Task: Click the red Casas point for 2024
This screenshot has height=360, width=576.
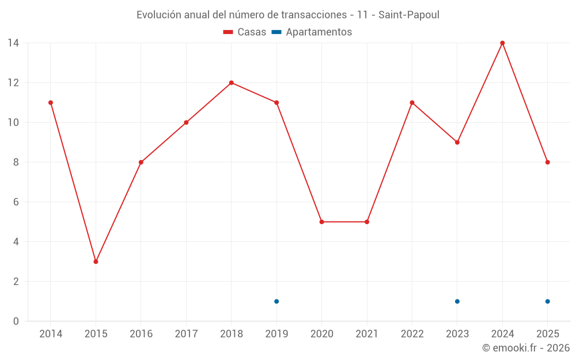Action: coord(502,43)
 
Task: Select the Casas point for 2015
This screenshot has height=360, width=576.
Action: coord(96,262)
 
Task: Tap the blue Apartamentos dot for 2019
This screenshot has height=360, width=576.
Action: coord(276,301)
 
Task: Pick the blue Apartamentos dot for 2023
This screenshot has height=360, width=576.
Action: coord(457,301)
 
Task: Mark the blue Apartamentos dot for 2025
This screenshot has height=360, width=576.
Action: coord(548,301)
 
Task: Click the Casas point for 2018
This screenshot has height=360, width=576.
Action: coord(232,82)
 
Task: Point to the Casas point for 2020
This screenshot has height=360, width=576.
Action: coord(321,222)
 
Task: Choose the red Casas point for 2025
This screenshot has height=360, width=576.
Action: coord(548,162)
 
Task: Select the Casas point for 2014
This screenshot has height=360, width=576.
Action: coord(51,103)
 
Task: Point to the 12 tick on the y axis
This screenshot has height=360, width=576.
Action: coord(13,82)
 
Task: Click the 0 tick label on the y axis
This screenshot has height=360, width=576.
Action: coord(16,321)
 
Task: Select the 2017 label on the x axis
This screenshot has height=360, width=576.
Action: coord(186,334)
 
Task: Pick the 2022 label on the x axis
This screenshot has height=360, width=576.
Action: coord(412,334)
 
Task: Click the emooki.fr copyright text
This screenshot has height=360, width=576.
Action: coord(526,348)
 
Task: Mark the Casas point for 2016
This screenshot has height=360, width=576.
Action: coord(141,162)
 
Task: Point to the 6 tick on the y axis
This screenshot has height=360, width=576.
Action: coord(16,202)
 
